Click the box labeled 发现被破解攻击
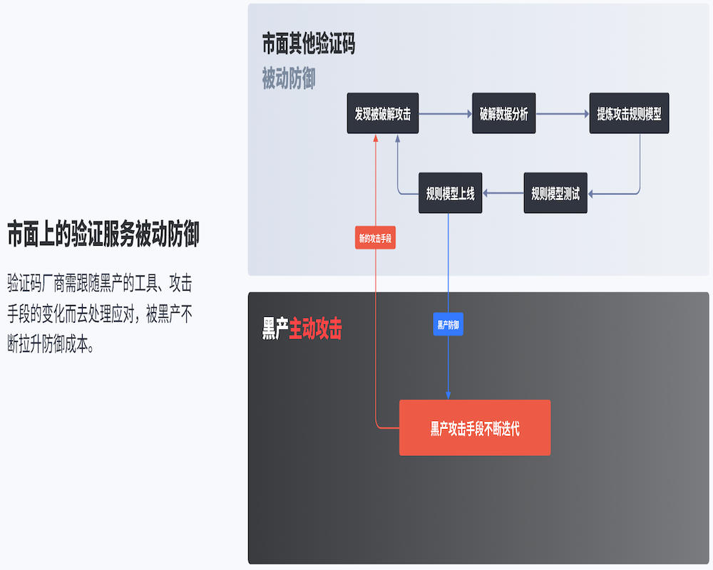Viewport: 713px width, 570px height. (383, 113)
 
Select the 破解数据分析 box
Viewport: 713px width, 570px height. (503, 113)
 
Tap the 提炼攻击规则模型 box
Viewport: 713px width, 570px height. (629, 113)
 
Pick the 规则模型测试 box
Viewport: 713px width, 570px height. (555, 193)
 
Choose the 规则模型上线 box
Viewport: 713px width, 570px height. (450, 193)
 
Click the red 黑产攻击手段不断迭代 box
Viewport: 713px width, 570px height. (475, 428)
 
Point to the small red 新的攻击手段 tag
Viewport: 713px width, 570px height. (375, 238)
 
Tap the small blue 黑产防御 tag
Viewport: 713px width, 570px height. (448, 325)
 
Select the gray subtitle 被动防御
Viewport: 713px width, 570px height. (288, 79)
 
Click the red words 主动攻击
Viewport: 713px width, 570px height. (315, 329)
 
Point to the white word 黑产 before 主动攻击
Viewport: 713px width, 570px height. (275, 329)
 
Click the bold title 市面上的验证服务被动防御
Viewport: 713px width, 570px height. (103, 234)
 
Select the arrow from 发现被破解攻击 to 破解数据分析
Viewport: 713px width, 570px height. (445, 113)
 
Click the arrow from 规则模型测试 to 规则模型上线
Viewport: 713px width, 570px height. (503, 193)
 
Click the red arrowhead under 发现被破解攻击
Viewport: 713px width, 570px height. (376, 138)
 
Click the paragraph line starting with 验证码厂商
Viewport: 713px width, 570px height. (100, 284)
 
